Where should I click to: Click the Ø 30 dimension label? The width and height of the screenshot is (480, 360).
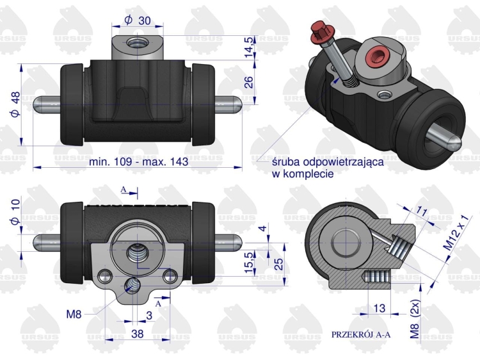(x=138, y=20)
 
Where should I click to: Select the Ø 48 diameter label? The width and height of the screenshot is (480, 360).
(x=15, y=104)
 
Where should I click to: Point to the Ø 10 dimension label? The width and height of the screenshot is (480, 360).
(x=15, y=211)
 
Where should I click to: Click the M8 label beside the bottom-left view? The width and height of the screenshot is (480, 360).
(x=76, y=314)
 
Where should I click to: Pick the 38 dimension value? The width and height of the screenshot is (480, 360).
(x=137, y=333)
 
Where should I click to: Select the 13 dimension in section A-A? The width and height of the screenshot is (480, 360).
(x=379, y=309)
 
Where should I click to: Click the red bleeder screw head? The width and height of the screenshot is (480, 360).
(x=317, y=29)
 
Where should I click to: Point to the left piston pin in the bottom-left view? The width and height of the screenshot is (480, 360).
(x=47, y=242)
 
